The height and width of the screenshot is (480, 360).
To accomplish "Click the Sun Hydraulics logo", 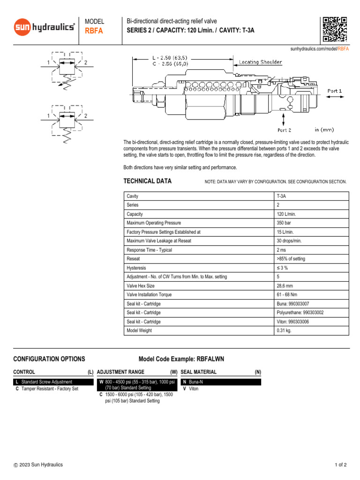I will (44, 27).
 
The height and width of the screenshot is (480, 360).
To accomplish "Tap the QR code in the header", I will (335, 29).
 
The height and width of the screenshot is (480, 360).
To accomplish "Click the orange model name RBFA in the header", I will (94, 31).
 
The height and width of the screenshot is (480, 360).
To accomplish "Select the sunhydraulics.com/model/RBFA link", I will (319, 48).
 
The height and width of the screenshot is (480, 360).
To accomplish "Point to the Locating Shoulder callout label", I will (261, 62).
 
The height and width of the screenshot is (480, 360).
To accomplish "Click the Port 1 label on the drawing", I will (334, 91).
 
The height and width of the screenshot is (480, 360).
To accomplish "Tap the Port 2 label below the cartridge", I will (284, 130).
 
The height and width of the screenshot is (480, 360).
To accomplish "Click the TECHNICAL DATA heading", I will (147, 181).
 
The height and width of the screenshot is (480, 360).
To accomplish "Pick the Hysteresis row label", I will (137, 268).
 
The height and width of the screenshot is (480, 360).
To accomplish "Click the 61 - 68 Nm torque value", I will (287, 294).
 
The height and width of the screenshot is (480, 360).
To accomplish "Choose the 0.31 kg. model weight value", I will (284, 330).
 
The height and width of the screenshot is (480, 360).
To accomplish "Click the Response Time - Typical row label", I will (149, 250).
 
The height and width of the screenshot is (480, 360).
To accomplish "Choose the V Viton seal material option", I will (192, 389).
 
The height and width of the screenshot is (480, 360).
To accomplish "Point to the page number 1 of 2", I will (340, 465).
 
